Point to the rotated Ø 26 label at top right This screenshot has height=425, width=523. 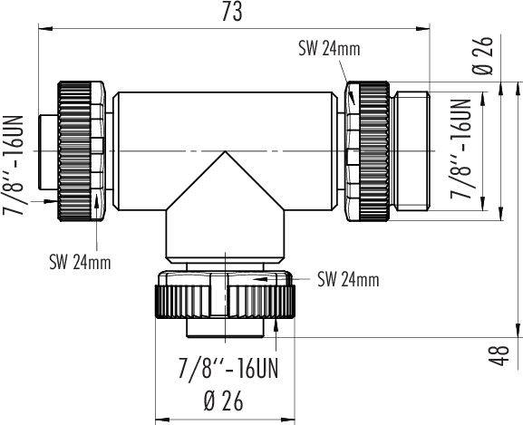tap(505, 58)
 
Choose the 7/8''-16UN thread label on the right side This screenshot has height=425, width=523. tap(462, 150)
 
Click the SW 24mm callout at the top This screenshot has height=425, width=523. tap(327, 50)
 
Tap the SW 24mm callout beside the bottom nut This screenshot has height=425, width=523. tap(348, 279)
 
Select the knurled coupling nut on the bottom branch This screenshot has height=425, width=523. tap(222, 298)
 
